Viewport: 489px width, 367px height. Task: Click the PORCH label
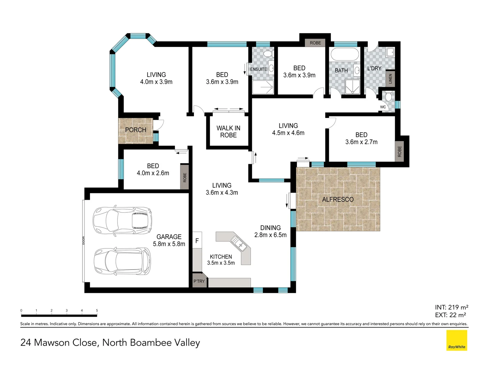135,130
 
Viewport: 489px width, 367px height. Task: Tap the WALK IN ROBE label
228,132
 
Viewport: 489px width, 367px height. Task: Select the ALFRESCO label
338,199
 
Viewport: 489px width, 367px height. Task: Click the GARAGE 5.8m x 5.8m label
169,240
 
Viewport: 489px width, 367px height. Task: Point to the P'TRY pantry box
199,280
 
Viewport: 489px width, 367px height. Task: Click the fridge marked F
197,240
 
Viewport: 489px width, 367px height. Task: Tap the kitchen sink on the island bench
238,243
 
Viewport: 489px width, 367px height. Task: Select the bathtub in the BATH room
345,55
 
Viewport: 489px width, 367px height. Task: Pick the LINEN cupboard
390,79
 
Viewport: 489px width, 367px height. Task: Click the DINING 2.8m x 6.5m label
270,231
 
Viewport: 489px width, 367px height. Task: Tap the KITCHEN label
221,257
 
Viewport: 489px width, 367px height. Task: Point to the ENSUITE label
258,69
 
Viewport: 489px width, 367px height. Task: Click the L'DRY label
374,68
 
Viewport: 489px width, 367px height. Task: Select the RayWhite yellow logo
457,340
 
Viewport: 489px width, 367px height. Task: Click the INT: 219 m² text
452,307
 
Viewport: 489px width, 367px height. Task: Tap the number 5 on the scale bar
97,310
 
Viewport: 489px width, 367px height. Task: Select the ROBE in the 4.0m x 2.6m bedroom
184,177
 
